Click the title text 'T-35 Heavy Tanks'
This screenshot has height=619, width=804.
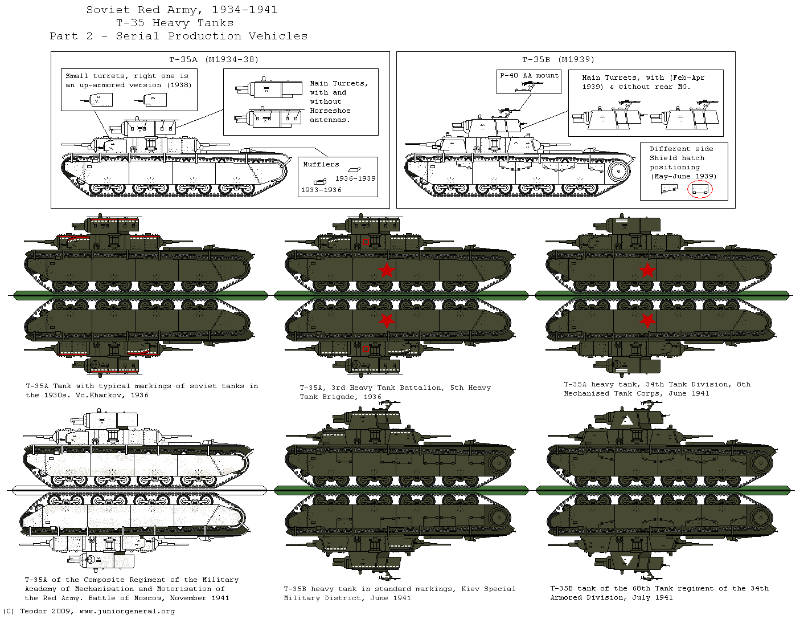pos(174,23)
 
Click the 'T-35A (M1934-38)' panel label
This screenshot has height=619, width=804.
pos(214,59)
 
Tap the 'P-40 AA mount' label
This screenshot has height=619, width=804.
pos(530,75)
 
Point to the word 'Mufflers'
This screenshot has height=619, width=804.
pos(321,164)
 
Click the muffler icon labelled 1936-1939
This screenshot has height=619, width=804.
pos(354,170)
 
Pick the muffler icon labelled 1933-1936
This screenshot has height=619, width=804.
pos(320,181)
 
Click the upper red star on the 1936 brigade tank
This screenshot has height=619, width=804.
pos(387,270)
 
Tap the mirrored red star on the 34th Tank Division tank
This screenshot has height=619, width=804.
pos(647,321)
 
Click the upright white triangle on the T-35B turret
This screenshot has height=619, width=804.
pos(626,421)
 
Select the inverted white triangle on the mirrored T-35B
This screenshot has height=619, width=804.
pos(626,560)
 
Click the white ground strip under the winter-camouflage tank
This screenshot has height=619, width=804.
pos(139,490)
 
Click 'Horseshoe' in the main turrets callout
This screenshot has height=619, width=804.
pos(330,111)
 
